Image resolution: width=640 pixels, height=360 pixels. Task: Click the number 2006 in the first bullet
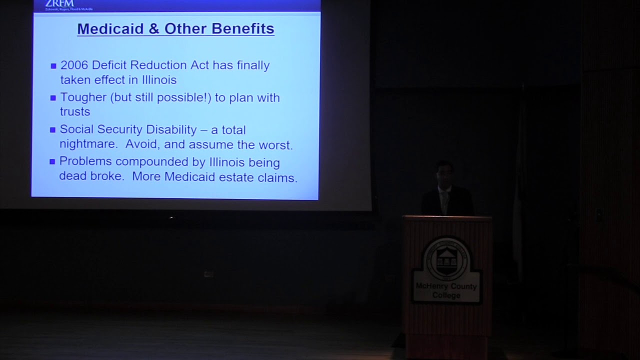tap(74, 65)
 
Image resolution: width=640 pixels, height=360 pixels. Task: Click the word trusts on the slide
tap(75, 112)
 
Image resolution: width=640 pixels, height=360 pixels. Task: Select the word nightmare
tap(89, 145)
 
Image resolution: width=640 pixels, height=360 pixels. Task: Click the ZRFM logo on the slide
tap(59, 4)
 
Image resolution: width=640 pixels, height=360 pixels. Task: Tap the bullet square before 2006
tap(53, 66)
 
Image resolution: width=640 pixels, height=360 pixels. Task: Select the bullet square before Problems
tap(52, 161)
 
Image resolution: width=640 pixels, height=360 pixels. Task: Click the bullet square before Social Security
tap(52, 130)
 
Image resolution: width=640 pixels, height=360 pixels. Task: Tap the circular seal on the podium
tap(446, 258)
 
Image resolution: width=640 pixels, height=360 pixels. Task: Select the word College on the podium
tap(446, 295)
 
